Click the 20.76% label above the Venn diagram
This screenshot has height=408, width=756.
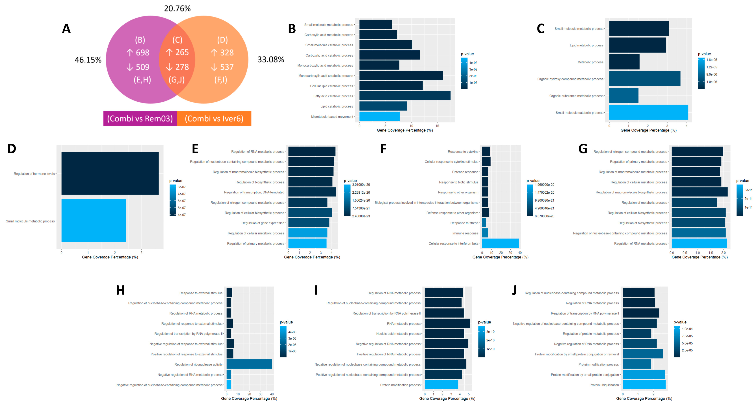(x=177, y=8)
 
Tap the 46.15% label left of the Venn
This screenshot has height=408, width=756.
(x=88, y=60)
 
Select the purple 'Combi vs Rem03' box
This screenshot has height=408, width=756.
(x=140, y=118)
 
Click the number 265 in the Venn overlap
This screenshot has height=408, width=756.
(x=182, y=52)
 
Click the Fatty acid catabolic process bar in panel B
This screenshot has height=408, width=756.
(x=405, y=96)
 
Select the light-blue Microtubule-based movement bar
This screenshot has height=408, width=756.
(x=380, y=116)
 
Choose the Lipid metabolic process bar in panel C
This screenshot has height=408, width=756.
(x=637, y=45)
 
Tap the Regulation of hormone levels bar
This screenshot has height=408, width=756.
(x=110, y=173)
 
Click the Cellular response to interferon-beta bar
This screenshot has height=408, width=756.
(x=500, y=243)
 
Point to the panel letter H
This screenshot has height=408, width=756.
(x=120, y=290)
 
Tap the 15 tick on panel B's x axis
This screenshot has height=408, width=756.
(x=437, y=126)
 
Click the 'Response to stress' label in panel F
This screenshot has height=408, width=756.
(x=464, y=223)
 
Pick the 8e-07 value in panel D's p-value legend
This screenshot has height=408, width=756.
(x=182, y=187)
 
